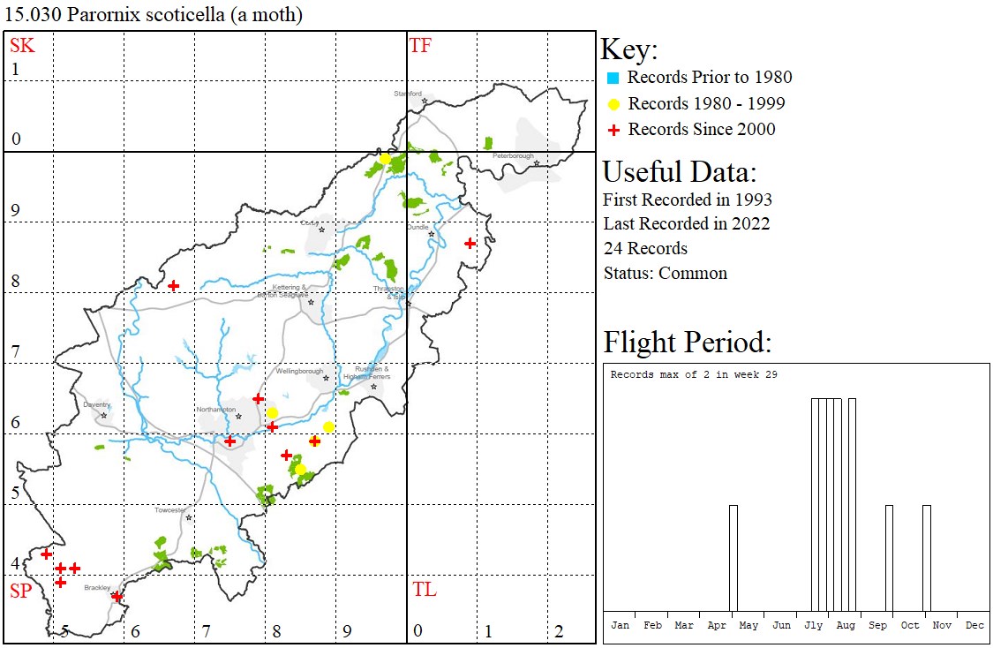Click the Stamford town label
408,94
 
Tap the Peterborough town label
514,156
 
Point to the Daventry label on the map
96,405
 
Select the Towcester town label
171,510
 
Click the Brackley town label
96,588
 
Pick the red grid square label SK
22,46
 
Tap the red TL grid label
424,590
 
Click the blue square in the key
613,78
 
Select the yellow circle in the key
613,104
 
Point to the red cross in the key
613,130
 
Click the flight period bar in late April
733,557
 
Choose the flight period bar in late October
926,557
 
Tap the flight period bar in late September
889,557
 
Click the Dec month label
974,625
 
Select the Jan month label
621,625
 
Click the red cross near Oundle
470,243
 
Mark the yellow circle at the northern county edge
385,158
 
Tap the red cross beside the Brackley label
117,597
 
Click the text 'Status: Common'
666,273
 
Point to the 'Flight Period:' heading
687,342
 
